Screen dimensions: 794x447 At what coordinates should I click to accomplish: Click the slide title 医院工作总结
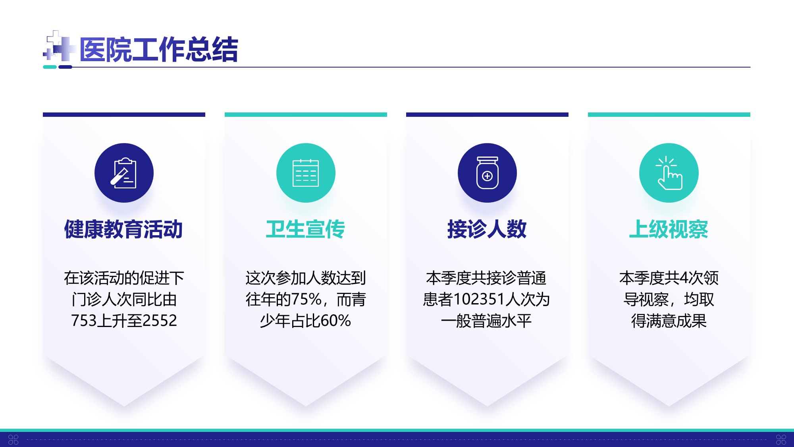(159, 50)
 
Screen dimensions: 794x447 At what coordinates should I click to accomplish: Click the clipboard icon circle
(124, 173)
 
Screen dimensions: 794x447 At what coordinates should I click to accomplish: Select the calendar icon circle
(306, 173)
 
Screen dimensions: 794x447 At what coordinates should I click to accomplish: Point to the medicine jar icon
(487, 173)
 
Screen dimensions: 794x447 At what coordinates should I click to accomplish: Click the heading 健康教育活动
(124, 229)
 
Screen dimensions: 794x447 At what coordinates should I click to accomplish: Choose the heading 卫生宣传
(306, 229)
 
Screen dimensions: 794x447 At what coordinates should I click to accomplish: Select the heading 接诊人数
(487, 229)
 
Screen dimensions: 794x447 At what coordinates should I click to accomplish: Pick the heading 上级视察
(669, 229)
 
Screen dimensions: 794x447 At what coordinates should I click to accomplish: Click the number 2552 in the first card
(160, 321)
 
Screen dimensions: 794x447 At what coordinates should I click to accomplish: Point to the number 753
(84, 321)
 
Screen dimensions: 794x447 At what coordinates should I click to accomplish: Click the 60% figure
(336, 321)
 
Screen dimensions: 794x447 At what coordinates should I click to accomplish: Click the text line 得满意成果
(669, 321)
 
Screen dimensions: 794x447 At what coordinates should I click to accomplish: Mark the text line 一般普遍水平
(486, 321)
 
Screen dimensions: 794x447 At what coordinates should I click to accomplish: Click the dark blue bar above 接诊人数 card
(487, 114)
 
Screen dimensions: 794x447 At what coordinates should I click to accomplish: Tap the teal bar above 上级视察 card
(669, 114)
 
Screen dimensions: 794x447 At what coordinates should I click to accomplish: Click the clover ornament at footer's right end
(781, 439)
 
